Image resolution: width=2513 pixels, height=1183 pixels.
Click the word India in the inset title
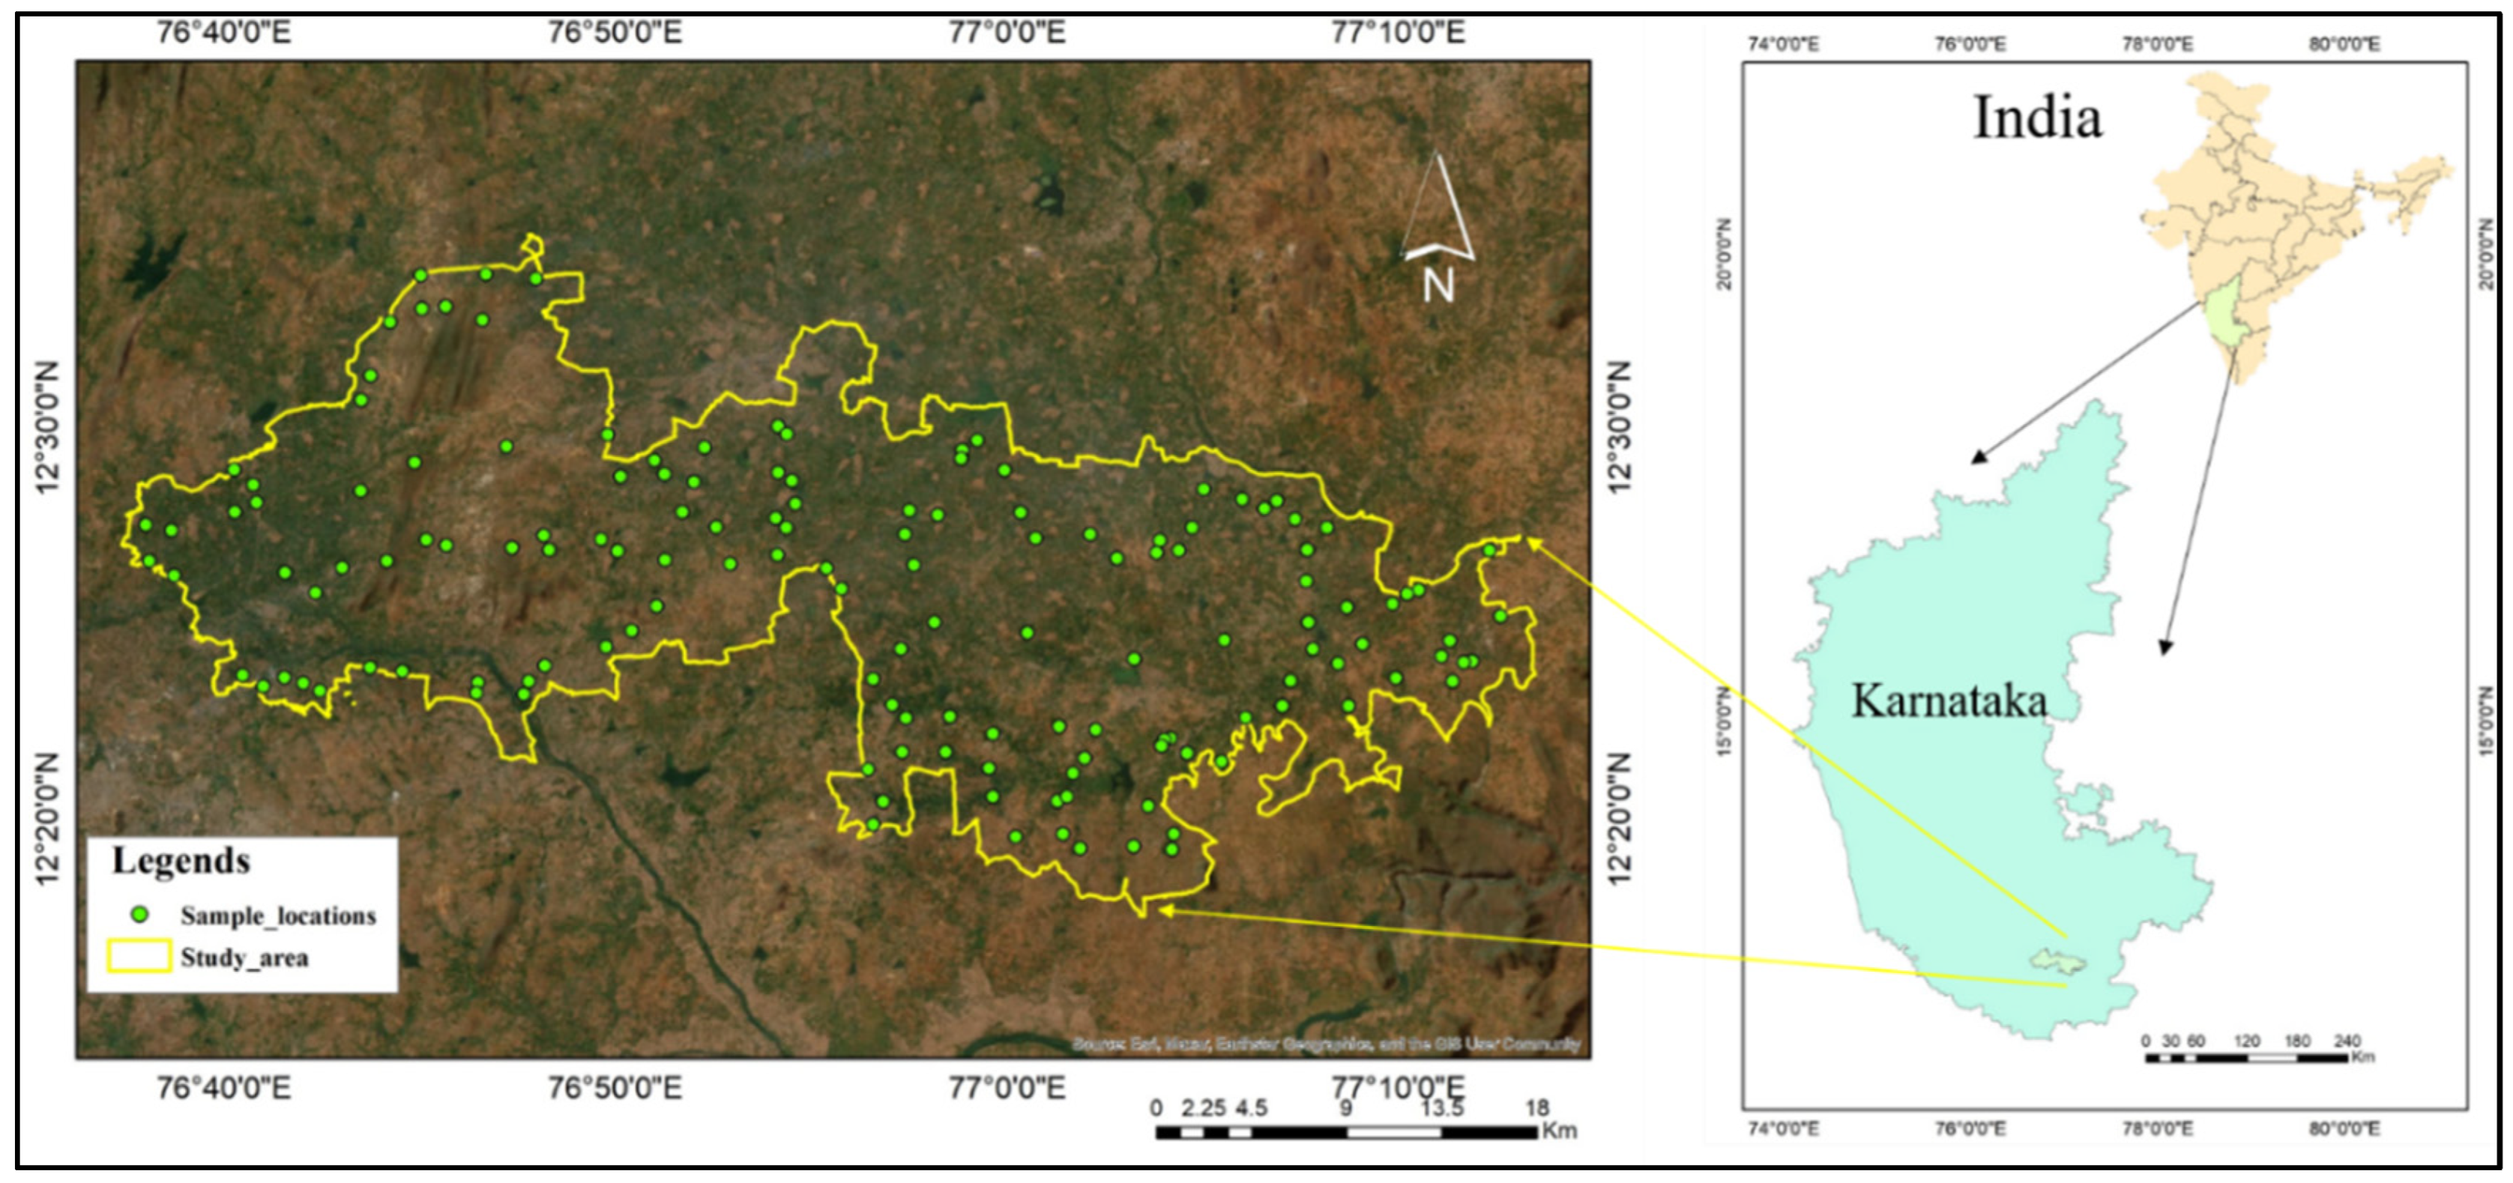click(x=2037, y=119)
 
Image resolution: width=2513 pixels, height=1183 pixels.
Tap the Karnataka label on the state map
click(x=1948, y=701)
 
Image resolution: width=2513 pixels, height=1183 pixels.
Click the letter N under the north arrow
click(x=1438, y=285)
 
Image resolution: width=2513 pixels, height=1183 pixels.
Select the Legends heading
click(x=181, y=861)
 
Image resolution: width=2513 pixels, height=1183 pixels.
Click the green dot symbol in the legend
click(x=140, y=915)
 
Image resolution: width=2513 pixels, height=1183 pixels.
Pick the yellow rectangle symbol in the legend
click(x=139, y=957)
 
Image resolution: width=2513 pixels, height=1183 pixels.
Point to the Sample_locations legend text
click(x=277, y=916)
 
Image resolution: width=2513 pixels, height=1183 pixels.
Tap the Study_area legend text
click(x=244, y=957)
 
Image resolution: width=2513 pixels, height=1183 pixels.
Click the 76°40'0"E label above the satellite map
click(x=223, y=33)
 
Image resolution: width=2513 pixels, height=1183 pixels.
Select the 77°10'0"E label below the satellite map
click(x=1397, y=1086)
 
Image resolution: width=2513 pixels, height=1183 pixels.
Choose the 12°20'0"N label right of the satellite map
click(x=1617, y=819)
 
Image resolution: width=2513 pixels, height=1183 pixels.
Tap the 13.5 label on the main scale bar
click(x=1441, y=1108)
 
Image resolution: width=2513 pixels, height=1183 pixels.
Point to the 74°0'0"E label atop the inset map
click(x=1782, y=44)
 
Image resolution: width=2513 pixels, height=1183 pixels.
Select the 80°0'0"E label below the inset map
click(x=2344, y=1128)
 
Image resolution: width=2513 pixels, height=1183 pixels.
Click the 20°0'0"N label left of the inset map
click(x=1724, y=253)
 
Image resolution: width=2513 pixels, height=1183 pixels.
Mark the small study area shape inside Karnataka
click(x=2058, y=962)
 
